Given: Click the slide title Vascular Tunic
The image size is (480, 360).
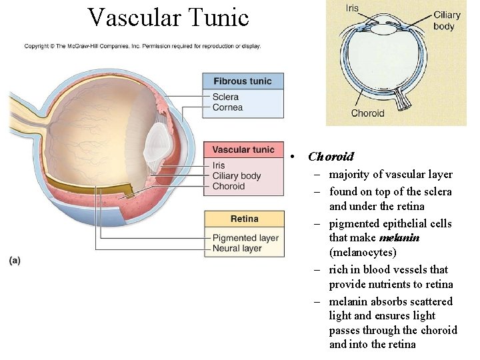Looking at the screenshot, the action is [168, 17].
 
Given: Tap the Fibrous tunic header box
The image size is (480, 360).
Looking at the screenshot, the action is [243, 81].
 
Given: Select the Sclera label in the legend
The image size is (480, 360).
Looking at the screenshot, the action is [225, 97].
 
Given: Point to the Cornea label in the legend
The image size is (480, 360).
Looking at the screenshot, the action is [227, 107].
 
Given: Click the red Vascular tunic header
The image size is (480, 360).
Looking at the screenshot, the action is [243, 150].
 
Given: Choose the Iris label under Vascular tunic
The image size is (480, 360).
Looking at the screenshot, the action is [219, 165].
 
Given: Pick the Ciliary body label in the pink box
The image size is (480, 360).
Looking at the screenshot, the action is [237, 176].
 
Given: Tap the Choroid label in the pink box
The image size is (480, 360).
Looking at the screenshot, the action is [229, 187].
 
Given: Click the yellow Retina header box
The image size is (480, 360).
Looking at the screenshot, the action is [244, 219].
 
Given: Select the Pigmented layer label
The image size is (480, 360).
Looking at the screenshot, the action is [245, 238].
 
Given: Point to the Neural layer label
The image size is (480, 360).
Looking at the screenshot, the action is [237, 249].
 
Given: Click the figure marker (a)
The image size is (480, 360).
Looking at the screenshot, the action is [15, 260].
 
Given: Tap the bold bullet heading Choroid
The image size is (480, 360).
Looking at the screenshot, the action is [331, 157].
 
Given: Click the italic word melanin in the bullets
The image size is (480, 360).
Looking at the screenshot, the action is [399, 238].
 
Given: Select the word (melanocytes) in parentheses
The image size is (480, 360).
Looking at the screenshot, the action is [363, 253].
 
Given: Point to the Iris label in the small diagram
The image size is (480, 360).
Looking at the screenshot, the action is [352, 9].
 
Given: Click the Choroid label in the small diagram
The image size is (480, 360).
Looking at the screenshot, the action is [367, 113].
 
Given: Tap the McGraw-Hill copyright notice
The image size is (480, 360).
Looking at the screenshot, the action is [143, 46].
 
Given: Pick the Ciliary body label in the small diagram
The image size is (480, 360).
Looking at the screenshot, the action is [447, 21].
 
